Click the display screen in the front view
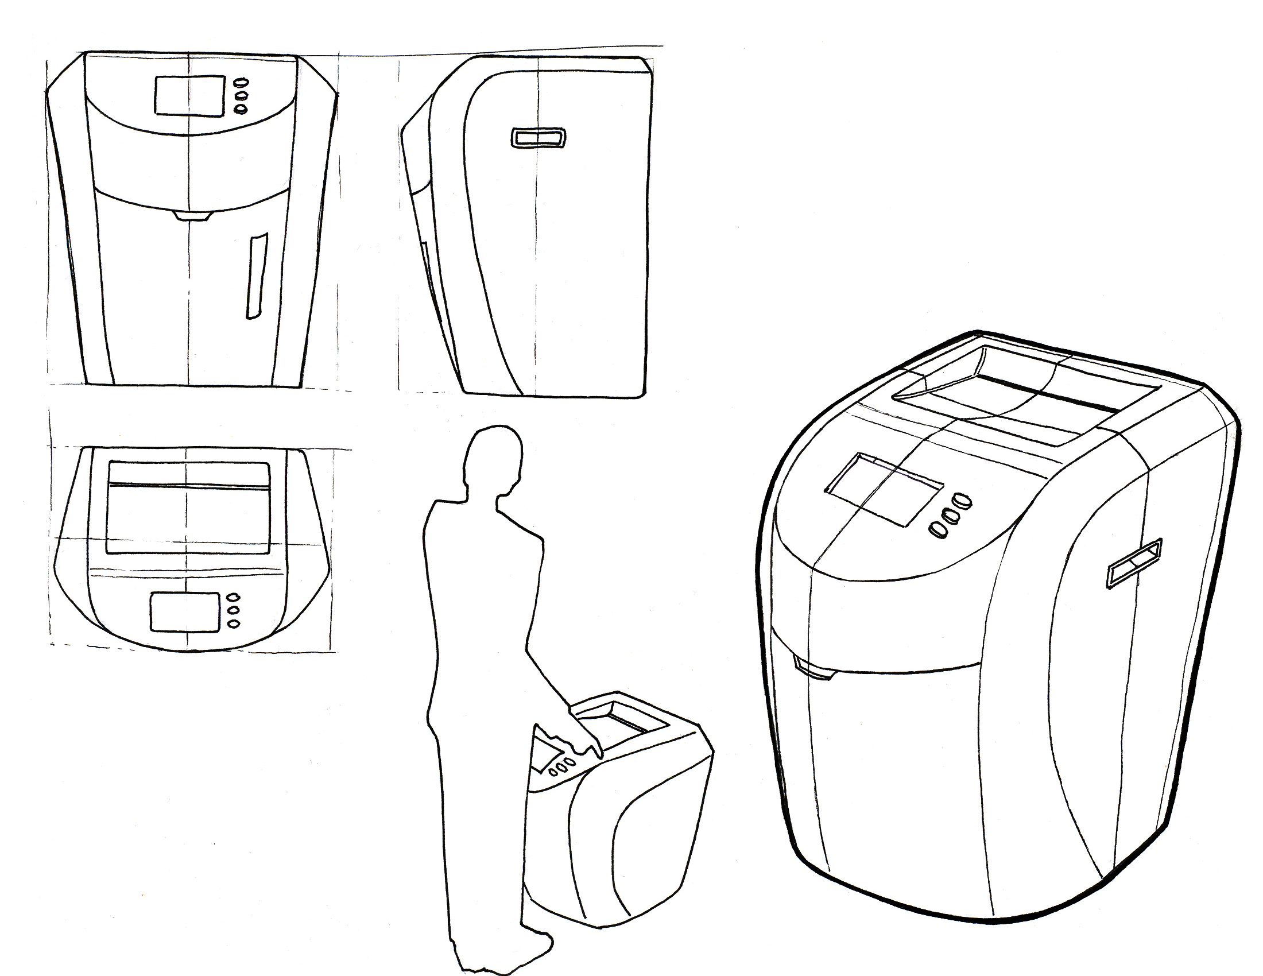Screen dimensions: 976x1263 tap(189, 95)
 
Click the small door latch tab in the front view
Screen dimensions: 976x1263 tap(192, 216)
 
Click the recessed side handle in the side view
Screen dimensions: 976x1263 tap(538, 138)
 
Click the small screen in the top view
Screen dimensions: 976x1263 tap(185, 612)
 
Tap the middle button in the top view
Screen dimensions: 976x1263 tap(234, 610)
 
